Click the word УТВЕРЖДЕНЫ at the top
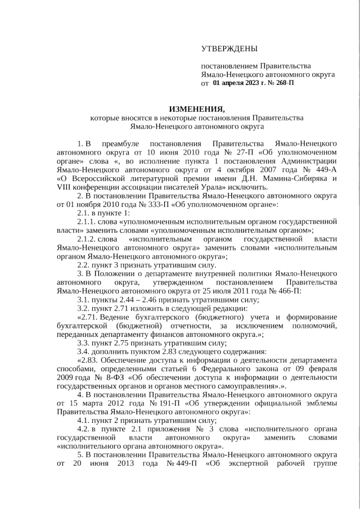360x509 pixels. (x=229, y=48)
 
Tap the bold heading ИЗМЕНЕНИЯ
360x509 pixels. (x=196, y=109)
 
